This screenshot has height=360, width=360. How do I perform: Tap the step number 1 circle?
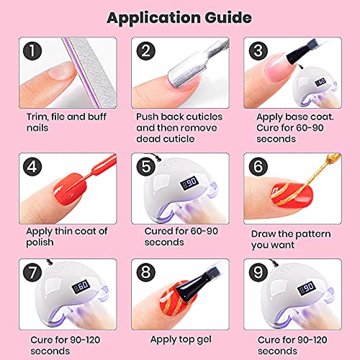(x=32, y=51)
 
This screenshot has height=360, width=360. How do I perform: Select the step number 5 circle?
(x=146, y=167)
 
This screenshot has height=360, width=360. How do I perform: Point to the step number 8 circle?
(x=146, y=272)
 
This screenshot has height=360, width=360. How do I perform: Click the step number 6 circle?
(x=258, y=167)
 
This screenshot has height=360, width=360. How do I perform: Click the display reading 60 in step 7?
(x=81, y=287)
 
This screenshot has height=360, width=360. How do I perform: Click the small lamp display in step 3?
(x=320, y=82)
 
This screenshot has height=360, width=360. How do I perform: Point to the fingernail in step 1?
(x=63, y=71)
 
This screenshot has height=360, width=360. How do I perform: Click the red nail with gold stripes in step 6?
(x=292, y=195)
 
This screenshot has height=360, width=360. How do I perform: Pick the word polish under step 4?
(x=40, y=243)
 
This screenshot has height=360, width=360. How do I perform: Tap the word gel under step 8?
(x=204, y=341)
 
